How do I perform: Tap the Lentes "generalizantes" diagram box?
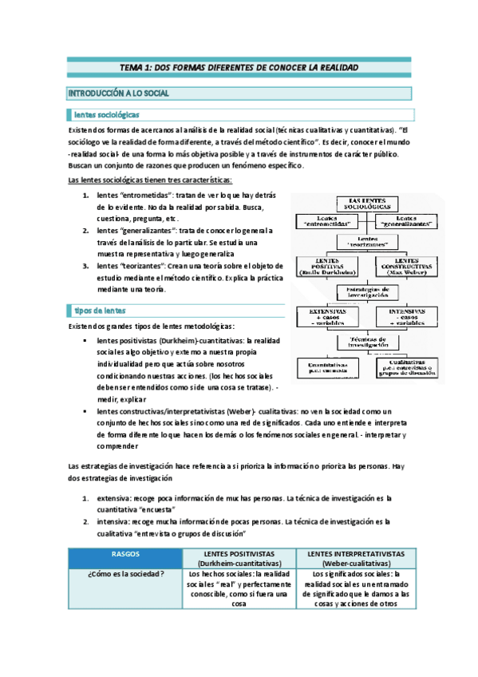pyautogui.click(x=407, y=221)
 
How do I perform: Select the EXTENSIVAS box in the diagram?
pyautogui.click(x=328, y=316)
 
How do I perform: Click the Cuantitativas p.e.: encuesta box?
pyautogui.click(x=329, y=366)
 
